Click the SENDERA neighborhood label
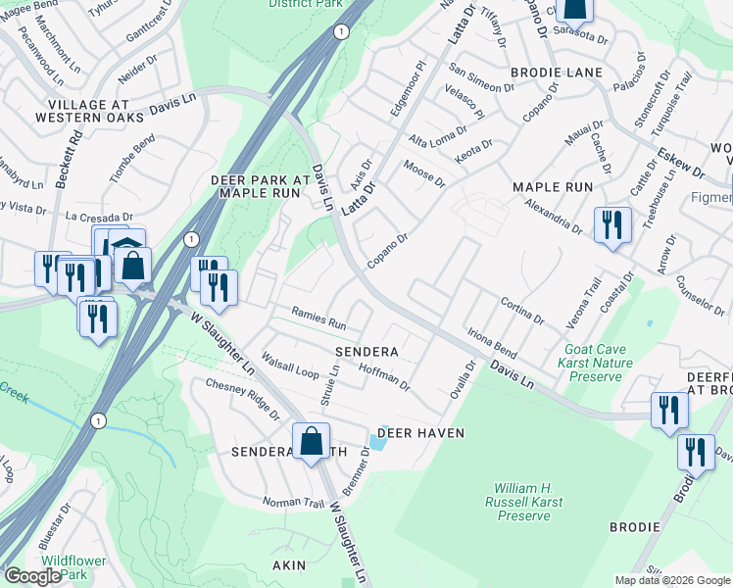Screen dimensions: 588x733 (366, 351)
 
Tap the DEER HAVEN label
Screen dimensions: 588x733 (415, 432)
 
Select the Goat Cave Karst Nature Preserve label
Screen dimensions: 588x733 (593, 363)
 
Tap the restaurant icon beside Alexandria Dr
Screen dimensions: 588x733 (611, 226)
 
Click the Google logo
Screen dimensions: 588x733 (32, 576)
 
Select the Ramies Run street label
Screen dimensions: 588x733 (319, 318)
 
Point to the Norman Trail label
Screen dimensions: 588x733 (292, 503)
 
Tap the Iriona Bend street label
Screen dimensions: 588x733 (491, 342)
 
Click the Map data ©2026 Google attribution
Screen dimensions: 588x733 (672, 580)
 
